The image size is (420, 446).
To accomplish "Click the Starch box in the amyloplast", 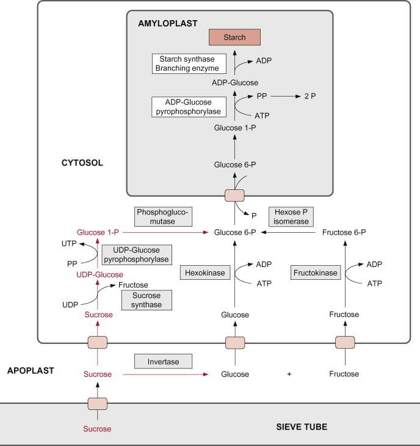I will (x=236, y=37).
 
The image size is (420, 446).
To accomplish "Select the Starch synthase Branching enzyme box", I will (x=189, y=64).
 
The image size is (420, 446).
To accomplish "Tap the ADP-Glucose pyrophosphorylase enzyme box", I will (x=189, y=106).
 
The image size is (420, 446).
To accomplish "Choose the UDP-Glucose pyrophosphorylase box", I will (x=137, y=254).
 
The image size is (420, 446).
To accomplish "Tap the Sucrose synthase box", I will (x=147, y=299).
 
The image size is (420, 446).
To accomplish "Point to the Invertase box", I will (x=164, y=362).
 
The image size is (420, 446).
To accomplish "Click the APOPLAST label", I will (x=30, y=370).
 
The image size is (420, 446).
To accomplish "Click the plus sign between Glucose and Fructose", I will (x=289, y=374).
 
